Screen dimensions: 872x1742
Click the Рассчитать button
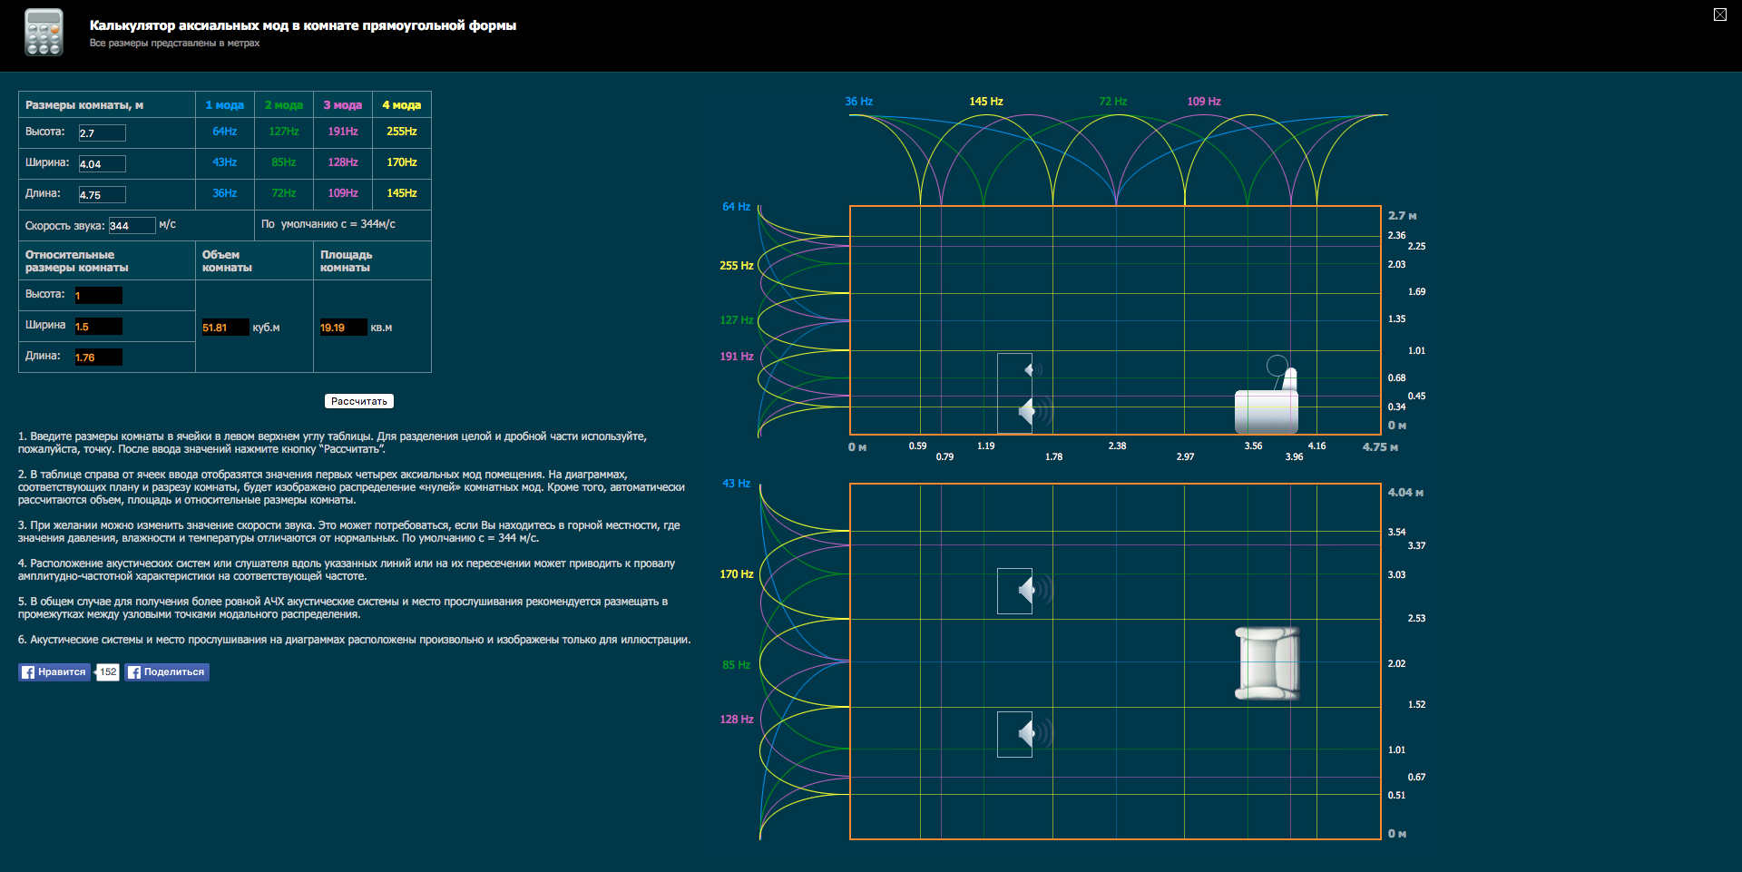tap(358, 401)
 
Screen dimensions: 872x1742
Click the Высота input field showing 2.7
tap(102, 133)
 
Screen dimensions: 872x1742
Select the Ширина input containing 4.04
tap(102, 164)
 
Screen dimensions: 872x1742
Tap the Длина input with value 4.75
tap(102, 195)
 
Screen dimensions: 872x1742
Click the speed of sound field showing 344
tap(132, 226)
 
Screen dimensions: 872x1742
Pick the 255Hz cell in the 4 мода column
tap(401, 132)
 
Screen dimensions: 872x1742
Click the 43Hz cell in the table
tap(224, 162)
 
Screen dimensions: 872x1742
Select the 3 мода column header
tap(342, 105)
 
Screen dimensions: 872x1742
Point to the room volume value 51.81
tap(224, 328)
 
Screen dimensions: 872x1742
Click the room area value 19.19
tap(342, 328)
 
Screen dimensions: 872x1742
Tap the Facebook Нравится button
tap(54, 672)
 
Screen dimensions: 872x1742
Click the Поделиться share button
tap(167, 672)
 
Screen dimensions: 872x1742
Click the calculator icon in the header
tap(44, 33)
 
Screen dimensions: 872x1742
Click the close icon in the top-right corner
tap(1719, 15)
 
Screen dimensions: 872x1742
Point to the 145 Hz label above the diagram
tap(985, 102)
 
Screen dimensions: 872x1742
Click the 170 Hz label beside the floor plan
tap(736, 574)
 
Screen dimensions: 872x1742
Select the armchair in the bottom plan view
tap(1267, 663)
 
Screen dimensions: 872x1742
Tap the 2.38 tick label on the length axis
tap(1117, 446)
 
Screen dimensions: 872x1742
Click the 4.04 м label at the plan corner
tap(1404, 493)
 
